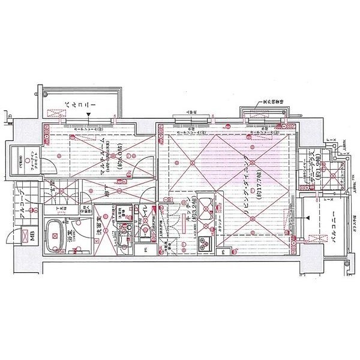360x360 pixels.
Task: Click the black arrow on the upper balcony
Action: coord(88,115)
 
